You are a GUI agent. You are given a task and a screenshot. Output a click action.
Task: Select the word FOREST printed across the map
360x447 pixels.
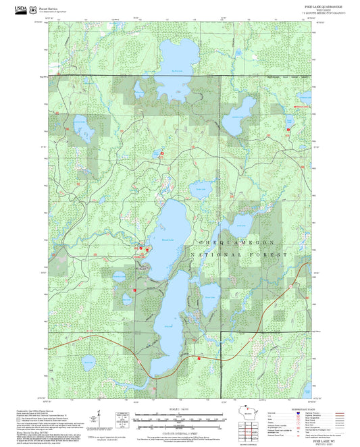click(x=268, y=255)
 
